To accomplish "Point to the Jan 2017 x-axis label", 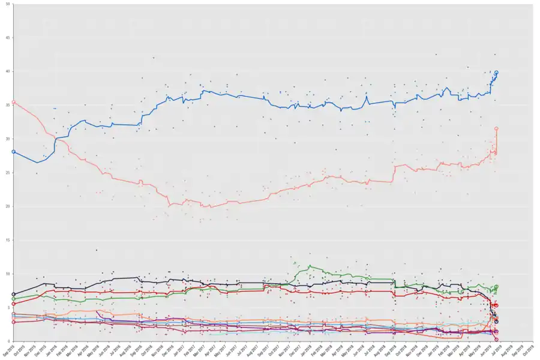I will [178, 349].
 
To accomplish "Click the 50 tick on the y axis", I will [8, 4].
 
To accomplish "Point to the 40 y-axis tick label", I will [8, 71].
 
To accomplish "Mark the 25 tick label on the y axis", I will [8, 173].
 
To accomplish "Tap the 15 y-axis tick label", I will [8, 240].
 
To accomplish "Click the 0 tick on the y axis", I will [9, 341].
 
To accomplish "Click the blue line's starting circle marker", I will [14, 152].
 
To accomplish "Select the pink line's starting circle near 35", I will [14, 102].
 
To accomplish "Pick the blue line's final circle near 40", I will [496, 73].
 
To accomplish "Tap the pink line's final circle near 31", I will [496, 128].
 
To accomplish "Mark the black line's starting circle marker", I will [14, 294].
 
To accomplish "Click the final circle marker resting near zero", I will [496, 340].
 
